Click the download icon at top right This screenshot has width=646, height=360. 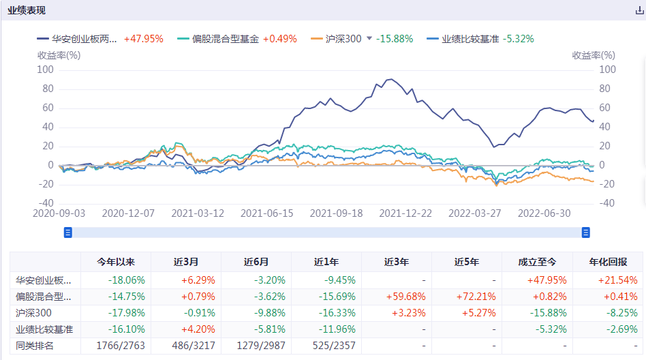(639, 11)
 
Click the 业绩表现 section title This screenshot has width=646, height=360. (28, 11)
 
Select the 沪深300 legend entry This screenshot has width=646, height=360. (337, 39)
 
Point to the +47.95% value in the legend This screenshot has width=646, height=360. (144, 39)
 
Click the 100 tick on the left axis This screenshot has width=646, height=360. (45, 70)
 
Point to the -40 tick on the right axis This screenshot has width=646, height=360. (607, 203)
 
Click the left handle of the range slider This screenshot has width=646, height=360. (67, 232)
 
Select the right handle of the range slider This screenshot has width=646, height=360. (585, 232)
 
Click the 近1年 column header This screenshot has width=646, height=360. (326, 262)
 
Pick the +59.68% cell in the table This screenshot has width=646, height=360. (397, 296)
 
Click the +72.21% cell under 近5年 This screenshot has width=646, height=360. (467, 296)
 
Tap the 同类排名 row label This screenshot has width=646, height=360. (35, 346)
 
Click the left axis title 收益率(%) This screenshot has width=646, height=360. (59, 55)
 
